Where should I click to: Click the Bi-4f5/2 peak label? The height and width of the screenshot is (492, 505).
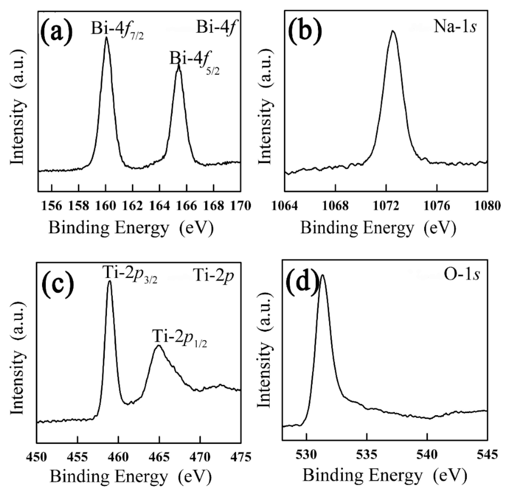coord(194,62)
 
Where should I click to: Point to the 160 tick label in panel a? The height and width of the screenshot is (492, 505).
coord(106,206)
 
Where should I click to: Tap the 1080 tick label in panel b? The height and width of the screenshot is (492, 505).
coord(487,206)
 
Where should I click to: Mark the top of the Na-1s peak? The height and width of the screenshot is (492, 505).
coord(393,31)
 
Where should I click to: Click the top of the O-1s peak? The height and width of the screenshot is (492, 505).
coord(322,275)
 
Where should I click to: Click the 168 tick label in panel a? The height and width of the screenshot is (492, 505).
coord(214,206)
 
